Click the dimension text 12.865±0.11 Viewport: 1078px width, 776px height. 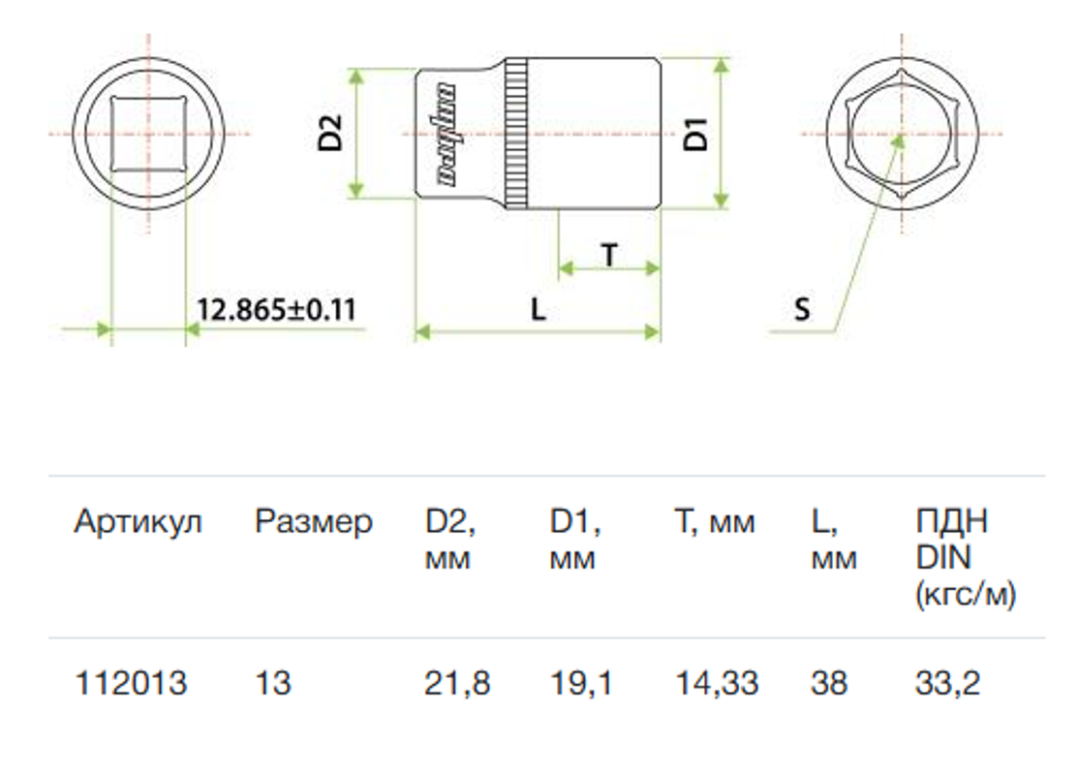tap(276, 310)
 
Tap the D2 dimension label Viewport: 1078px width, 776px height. tap(330, 133)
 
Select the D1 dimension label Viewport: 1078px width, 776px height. tap(695, 134)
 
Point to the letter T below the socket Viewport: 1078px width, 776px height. tap(609, 255)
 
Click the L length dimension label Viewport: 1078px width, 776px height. tap(539, 310)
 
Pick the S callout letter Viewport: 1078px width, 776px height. tap(802, 310)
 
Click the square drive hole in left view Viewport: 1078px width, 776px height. tap(148, 133)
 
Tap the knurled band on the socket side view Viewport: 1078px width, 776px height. tap(517, 134)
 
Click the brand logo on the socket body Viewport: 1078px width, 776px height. tap(447, 134)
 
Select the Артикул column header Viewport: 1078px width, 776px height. tap(138, 521)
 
